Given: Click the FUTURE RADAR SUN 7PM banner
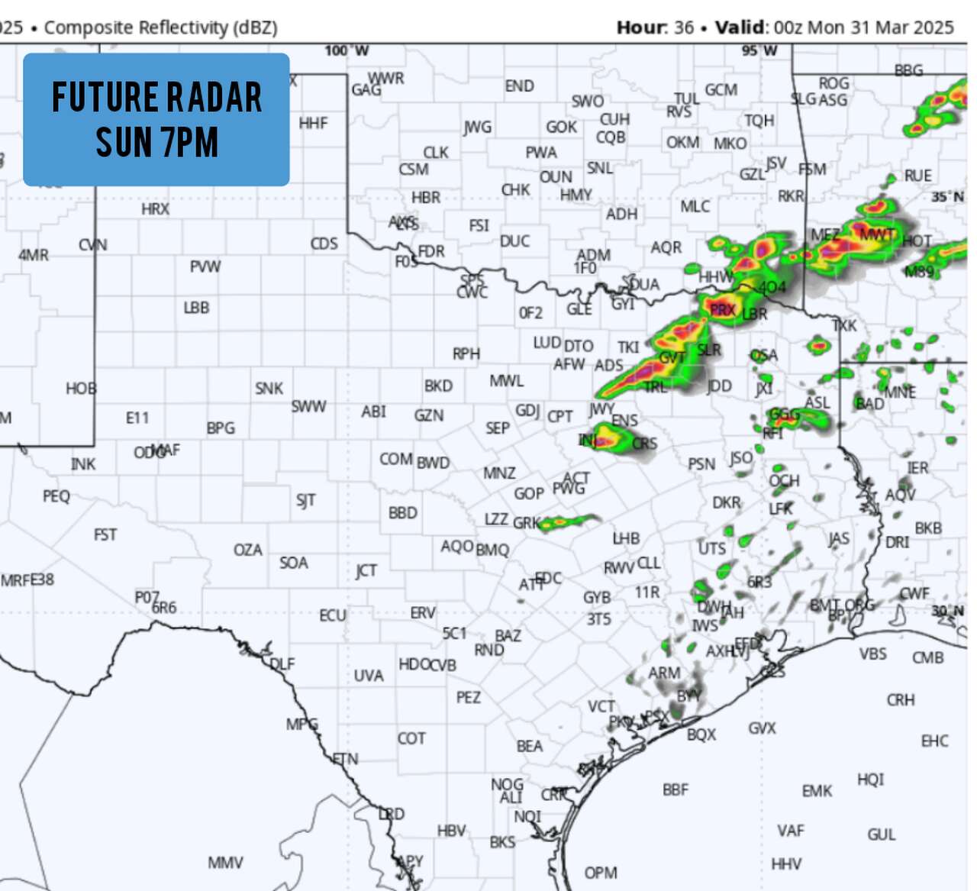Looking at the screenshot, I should (156, 119).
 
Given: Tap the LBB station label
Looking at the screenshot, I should (196, 308).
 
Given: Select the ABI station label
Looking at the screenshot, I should (374, 412).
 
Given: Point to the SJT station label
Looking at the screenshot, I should (305, 500).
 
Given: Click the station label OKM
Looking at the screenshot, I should (682, 143).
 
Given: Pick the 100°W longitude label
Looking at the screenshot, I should (347, 51).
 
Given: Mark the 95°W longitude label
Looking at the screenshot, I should (759, 51).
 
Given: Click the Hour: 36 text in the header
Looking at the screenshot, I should (655, 27).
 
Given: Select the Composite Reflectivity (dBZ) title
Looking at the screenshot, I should (160, 27).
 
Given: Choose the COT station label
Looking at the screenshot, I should (411, 738).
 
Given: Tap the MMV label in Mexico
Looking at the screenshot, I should (225, 863).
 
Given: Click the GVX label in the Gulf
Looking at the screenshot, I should (762, 728).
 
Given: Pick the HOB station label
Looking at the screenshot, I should (81, 389).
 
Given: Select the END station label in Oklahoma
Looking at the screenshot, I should (519, 86).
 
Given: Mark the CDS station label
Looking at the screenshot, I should (324, 244).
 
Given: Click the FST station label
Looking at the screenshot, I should (105, 534).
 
